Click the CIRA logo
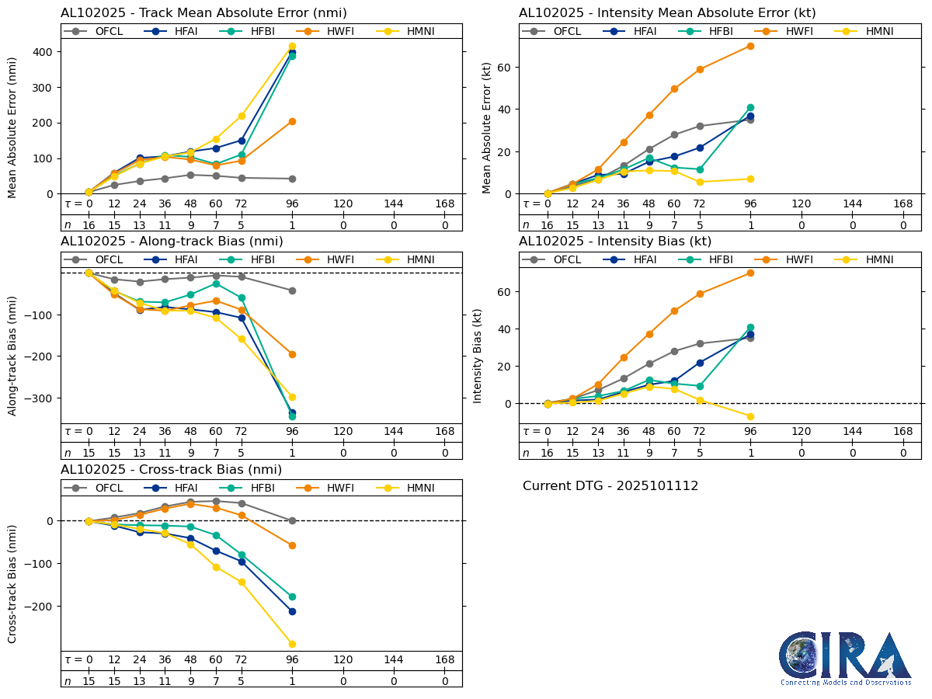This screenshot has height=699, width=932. click(846, 658)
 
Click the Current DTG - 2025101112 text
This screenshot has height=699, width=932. click(610, 486)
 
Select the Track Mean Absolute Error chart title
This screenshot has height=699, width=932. click(203, 13)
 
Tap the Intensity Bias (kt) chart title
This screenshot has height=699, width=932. click(615, 242)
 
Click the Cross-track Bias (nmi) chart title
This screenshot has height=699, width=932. click(171, 470)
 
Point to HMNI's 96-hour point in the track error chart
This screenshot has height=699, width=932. click(292, 47)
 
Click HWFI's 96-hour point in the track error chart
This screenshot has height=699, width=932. click(292, 121)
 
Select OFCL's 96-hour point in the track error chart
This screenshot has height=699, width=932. click(292, 179)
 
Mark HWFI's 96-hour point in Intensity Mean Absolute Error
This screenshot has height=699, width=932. click(750, 46)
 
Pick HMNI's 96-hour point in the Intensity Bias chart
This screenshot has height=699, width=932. click(750, 416)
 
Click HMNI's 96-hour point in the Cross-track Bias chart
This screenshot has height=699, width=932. click(292, 644)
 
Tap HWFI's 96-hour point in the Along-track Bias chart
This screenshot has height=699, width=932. click(292, 354)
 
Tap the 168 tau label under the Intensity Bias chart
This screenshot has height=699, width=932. click(903, 432)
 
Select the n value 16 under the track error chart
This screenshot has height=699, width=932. click(89, 225)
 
